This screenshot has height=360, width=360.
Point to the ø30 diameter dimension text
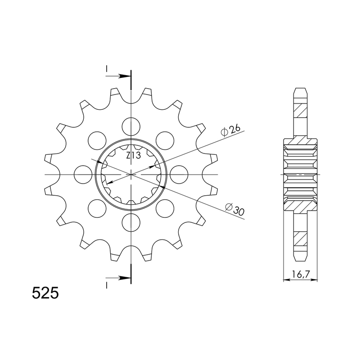(234, 207)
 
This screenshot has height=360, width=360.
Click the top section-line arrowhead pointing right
(126, 76)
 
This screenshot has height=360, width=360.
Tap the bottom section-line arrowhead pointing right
(126, 279)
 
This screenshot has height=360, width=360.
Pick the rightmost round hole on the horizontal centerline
(179, 174)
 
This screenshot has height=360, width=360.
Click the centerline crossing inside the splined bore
(131, 174)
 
